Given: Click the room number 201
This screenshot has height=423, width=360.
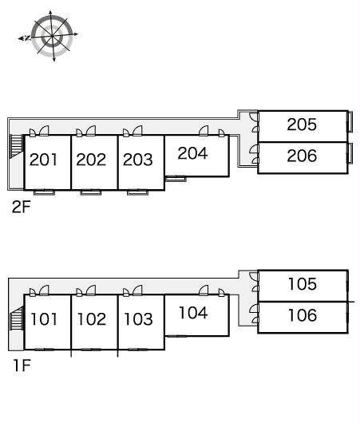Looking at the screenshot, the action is (x=43, y=160).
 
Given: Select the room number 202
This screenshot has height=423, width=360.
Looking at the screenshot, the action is (x=91, y=160).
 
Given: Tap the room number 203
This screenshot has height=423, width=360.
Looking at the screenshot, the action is (x=138, y=160).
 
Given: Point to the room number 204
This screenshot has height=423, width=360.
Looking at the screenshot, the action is (x=192, y=153).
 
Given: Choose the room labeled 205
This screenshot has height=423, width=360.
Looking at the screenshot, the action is (x=302, y=125).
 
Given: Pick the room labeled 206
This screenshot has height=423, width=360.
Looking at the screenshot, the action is (x=302, y=156).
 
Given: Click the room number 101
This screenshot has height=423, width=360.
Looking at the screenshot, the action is (x=44, y=319).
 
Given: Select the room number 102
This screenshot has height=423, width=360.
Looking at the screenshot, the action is (x=92, y=319).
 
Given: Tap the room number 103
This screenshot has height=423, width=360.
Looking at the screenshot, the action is (x=138, y=319).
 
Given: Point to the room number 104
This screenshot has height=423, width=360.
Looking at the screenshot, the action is (x=193, y=313).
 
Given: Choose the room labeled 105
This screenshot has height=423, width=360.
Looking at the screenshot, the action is (x=303, y=284).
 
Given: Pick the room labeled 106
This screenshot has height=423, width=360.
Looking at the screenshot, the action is (x=303, y=315).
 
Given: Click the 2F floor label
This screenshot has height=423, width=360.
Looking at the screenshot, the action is (x=22, y=207).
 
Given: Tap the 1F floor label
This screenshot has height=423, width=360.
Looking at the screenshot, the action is (x=22, y=366).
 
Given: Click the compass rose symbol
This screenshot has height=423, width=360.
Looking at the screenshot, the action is (x=51, y=36).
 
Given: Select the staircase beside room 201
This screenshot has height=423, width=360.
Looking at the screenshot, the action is (x=16, y=146).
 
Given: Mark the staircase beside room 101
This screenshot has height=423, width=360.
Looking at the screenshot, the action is (x=17, y=318).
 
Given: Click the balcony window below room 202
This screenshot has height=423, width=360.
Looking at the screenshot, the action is (x=91, y=192).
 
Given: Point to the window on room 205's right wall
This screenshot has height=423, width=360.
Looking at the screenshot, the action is (x=350, y=121).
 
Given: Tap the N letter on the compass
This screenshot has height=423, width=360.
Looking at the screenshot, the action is (x=26, y=38).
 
